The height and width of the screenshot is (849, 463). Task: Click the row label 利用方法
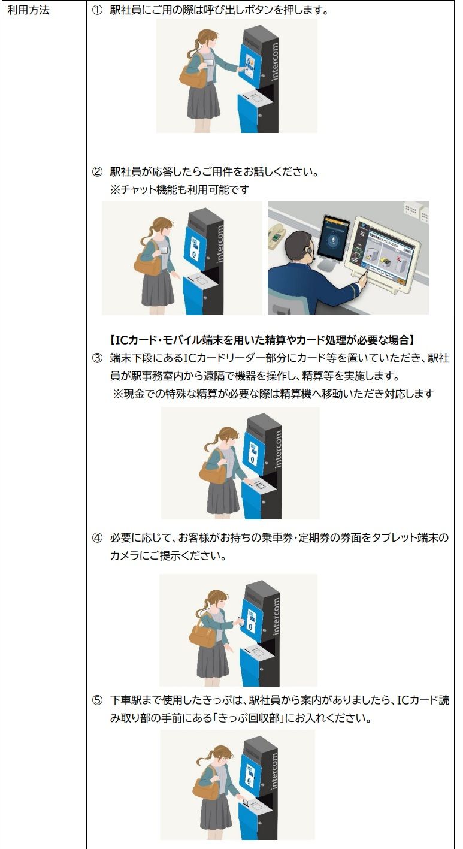28,10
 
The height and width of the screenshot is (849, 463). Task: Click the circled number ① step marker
98,10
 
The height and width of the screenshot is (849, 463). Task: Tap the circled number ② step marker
98,172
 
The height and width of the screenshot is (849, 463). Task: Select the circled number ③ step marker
98,358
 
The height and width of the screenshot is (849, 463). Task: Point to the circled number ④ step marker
98,538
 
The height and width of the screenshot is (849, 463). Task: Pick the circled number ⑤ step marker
98,700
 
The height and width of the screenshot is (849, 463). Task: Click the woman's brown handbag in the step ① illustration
193,78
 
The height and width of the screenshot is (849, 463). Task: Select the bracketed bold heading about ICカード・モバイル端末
262,340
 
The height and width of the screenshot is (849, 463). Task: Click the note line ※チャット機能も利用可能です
180,189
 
